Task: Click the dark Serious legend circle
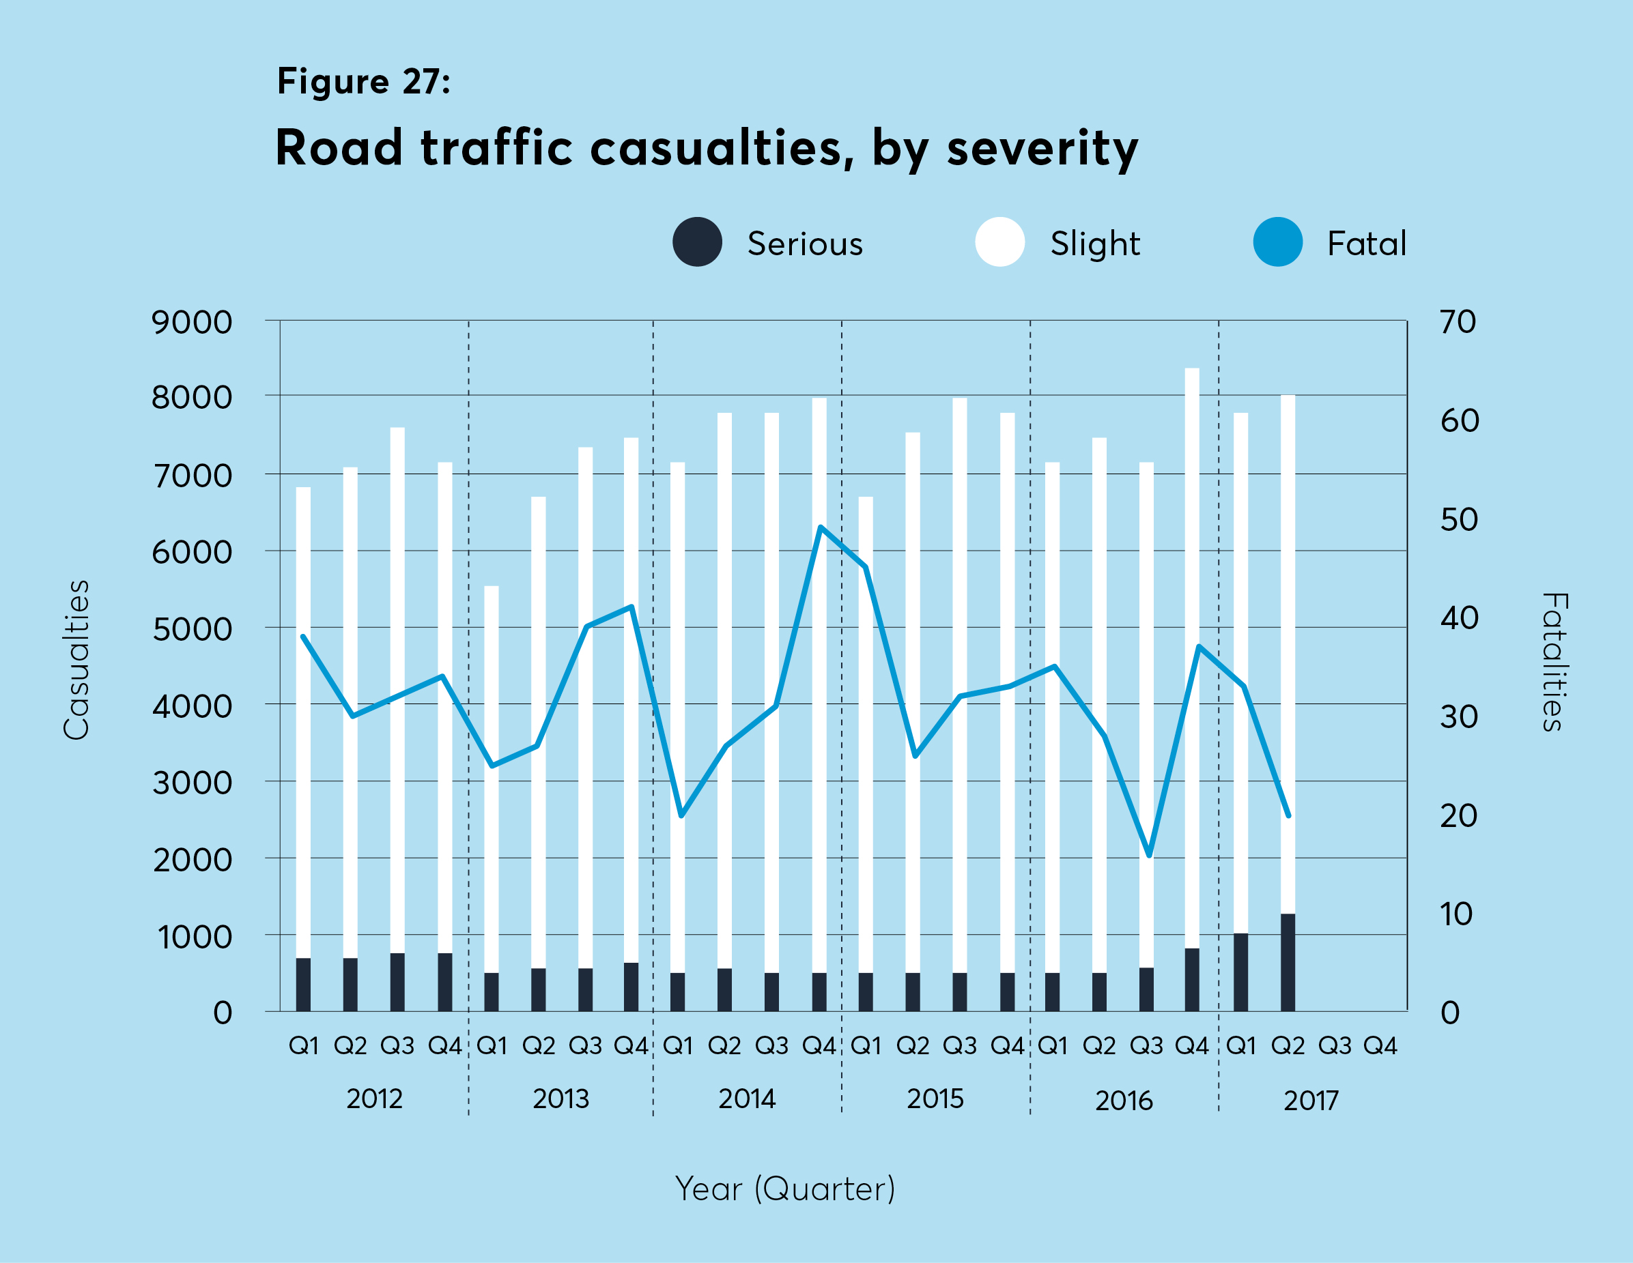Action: point(697,242)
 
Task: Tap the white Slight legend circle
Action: point(999,242)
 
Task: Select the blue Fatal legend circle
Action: point(1278,242)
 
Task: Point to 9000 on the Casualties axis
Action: point(191,323)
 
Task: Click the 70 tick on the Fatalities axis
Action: point(1458,322)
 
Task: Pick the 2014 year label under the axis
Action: point(747,1099)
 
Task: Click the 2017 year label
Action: point(1311,1101)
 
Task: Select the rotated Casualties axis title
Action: point(76,660)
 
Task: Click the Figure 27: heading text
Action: point(363,81)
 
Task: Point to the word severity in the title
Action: point(1042,148)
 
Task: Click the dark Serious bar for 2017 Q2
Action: point(1288,963)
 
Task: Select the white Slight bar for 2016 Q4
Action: point(1192,658)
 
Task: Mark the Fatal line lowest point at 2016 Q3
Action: point(1149,855)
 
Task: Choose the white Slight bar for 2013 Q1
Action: point(492,777)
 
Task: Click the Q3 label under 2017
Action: point(1335,1045)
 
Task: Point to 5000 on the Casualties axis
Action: point(191,630)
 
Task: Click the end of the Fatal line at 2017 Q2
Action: point(1288,815)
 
